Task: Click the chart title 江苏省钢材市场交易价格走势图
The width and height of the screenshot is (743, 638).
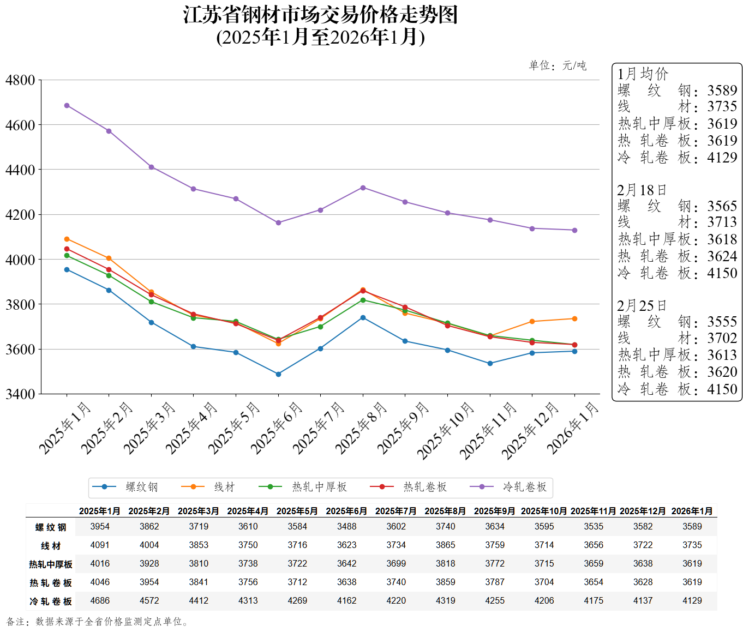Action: click(320, 15)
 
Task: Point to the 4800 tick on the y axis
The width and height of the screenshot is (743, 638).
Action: click(20, 80)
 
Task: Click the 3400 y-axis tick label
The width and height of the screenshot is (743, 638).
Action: click(20, 394)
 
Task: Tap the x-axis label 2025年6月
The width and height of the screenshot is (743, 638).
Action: click(277, 428)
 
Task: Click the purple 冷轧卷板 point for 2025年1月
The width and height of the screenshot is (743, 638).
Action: click(67, 105)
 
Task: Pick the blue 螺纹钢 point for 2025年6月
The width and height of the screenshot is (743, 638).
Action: click(278, 374)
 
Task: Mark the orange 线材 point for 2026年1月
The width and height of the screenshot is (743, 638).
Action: click(574, 318)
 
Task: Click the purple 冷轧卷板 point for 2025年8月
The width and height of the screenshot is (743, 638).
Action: click(363, 188)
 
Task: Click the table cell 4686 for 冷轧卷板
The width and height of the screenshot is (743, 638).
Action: click(100, 600)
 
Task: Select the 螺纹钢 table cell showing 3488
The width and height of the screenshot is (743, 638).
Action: click(346, 526)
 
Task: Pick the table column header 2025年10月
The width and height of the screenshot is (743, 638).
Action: click(544, 511)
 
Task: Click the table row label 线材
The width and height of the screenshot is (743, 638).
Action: click(51, 545)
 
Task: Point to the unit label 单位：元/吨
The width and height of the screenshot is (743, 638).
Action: click(558, 65)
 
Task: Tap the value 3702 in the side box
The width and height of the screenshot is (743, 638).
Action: click(722, 338)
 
